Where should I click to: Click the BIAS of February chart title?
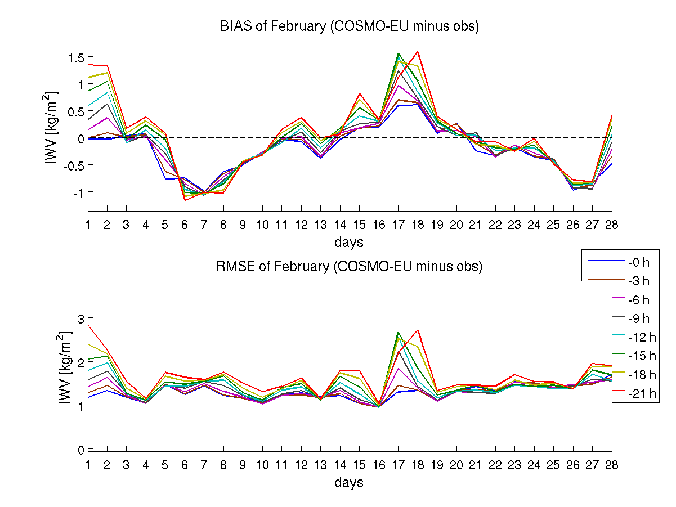click(x=349, y=26)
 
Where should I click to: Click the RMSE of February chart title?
click(x=349, y=266)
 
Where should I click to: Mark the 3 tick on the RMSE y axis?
click(x=80, y=318)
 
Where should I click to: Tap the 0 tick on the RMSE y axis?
click(x=80, y=450)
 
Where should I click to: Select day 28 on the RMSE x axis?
click(x=612, y=464)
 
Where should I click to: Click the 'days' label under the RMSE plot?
click(x=349, y=482)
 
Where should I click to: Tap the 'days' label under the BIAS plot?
click(x=349, y=243)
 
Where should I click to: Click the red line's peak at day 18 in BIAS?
click(x=418, y=52)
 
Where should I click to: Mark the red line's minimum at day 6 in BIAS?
click(x=185, y=200)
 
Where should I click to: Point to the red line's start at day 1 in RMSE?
click(x=88, y=325)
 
